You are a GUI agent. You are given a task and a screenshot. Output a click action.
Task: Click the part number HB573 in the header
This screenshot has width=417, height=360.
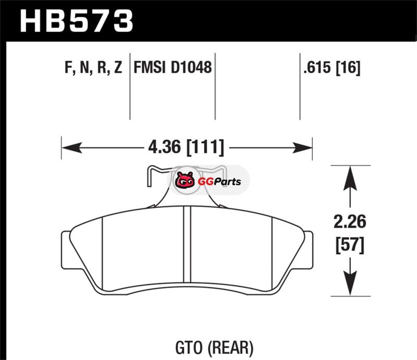pos(76,21)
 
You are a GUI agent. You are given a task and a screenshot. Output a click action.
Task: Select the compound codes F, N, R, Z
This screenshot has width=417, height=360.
pos(93,67)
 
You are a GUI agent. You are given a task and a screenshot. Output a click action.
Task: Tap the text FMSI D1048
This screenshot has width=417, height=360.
pos(173,67)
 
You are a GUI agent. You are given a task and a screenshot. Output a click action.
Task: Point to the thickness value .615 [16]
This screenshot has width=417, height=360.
pos(332,68)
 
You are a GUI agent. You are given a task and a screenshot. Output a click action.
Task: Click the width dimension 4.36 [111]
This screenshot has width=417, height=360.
pos(186,147)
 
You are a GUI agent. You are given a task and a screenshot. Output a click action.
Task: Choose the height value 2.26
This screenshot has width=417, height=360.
pos(350,221)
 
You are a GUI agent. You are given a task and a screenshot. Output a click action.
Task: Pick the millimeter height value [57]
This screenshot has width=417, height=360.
pos(350,245)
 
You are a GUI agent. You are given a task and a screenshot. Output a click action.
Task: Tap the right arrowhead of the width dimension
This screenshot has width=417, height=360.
pos(302,147)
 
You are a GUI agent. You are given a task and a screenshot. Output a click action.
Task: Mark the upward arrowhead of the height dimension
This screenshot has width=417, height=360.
pos(350,178)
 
